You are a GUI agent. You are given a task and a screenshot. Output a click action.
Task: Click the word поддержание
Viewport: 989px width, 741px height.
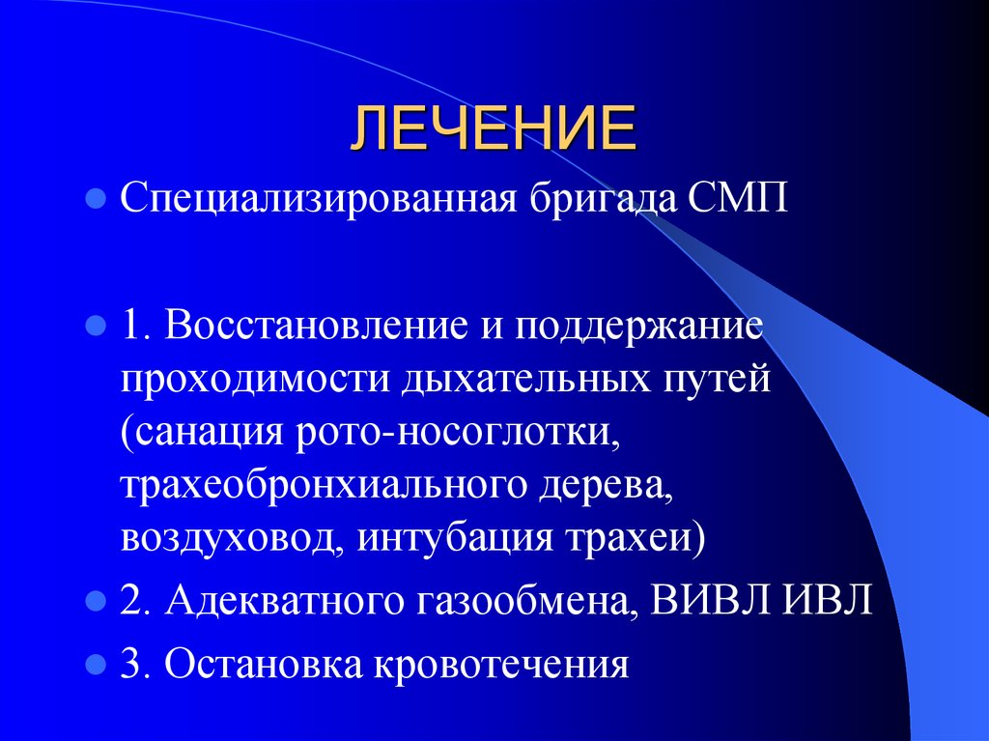coord(638,326)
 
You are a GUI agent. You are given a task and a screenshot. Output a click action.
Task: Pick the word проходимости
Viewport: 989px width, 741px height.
coord(254,378)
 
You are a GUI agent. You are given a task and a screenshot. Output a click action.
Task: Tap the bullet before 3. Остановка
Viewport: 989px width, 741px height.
coord(95,666)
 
